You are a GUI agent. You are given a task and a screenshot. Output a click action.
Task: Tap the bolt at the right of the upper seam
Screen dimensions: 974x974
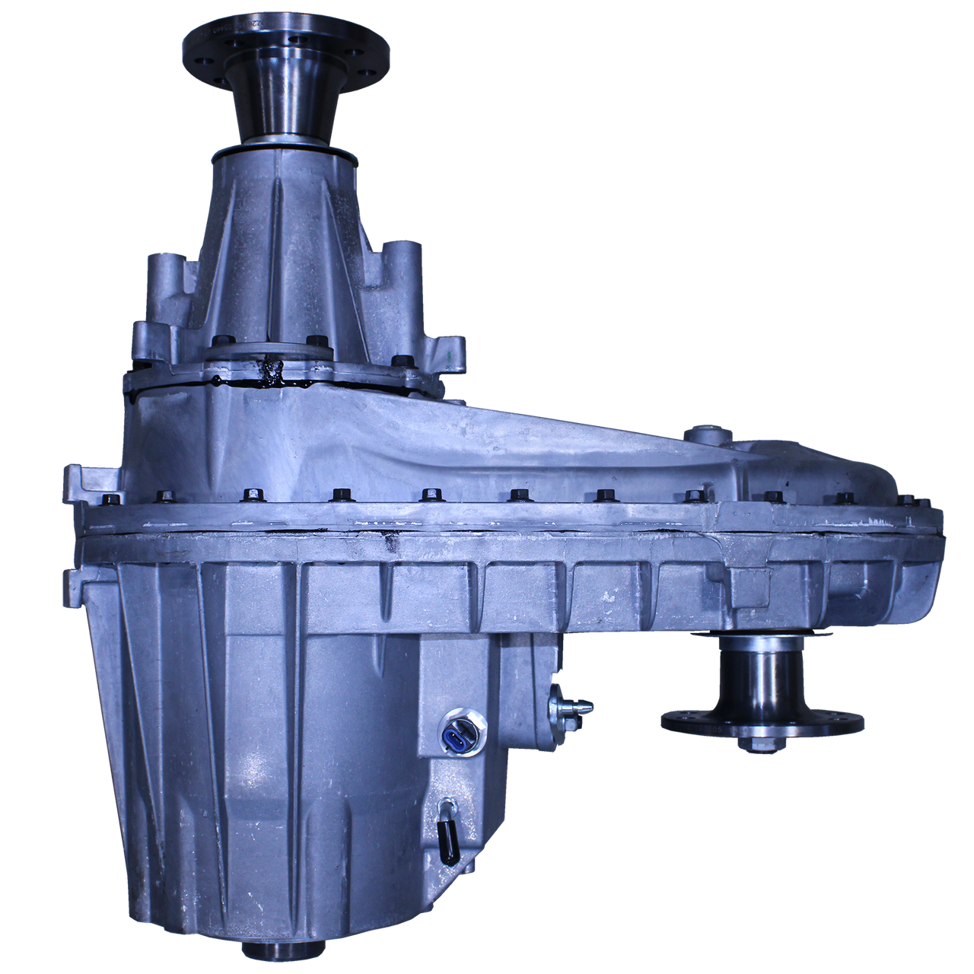coord(398,361)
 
